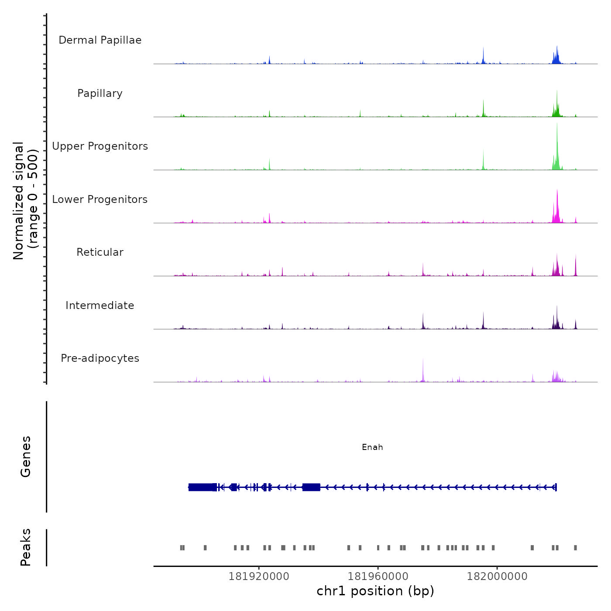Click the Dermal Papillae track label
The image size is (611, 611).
(x=100, y=40)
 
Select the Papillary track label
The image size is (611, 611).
(x=100, y=93)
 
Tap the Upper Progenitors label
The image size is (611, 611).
(x=100, y=146)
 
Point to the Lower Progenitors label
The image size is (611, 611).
(x=100, y=199)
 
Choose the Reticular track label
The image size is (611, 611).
(x=100, y=252)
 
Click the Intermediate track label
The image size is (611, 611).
(x=100, y=305)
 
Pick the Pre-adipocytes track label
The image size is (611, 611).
(x=100, y=358)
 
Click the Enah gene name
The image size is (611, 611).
(x=372, y=447)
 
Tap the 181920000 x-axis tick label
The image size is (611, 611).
(x=259, y=577)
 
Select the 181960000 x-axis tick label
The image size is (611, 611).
(x=378, y=577)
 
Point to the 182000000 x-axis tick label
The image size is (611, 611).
(x=497, y=577)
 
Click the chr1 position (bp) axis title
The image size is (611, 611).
(x=375, y=591)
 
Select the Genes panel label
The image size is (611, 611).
(x=26, y=457)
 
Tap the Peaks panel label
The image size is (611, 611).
(x=26, y=547)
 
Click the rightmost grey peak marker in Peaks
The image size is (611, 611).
(x=575, y=548)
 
